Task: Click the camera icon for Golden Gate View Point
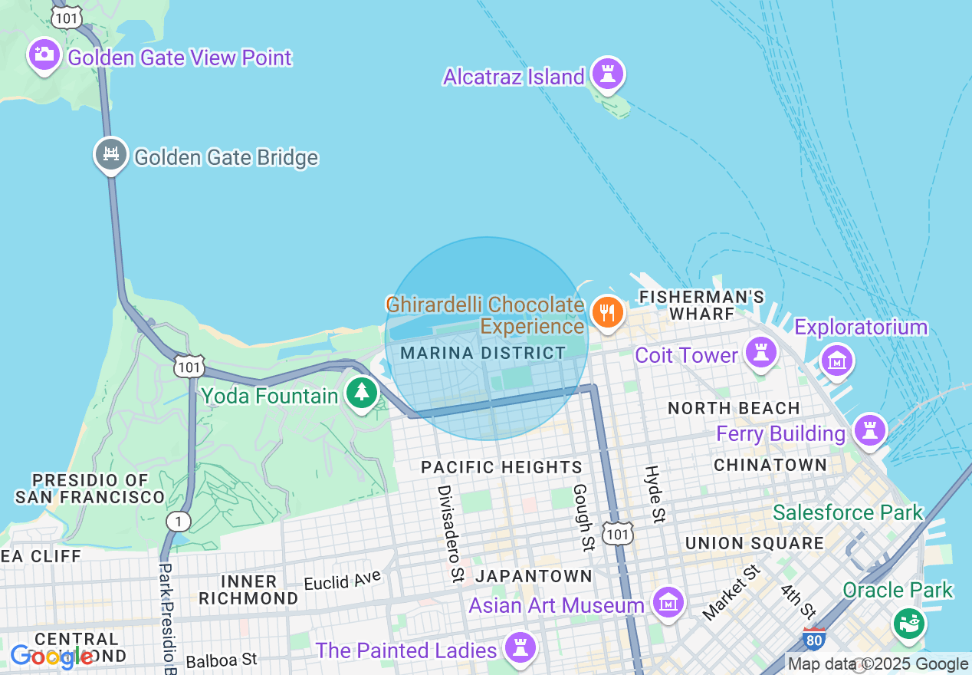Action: coord(44,54)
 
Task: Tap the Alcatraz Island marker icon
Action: coord(608,74)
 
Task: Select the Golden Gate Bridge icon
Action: coord(111,155)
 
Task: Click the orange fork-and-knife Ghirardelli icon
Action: coord(607,312)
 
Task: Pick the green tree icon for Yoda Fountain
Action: coord(361,393)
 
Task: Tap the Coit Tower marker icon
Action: coord(760,352)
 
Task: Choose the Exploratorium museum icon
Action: coord(836,359)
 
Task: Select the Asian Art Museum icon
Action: coord(668,602)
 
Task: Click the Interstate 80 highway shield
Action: coord(813,639)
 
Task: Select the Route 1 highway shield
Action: coord(178,522)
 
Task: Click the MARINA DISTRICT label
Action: coord(483,353)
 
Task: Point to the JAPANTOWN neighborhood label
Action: coord(534,575)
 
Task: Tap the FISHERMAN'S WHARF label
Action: coord(701,305)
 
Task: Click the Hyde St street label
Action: coord(654,493)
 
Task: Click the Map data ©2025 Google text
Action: coord(878,664)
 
